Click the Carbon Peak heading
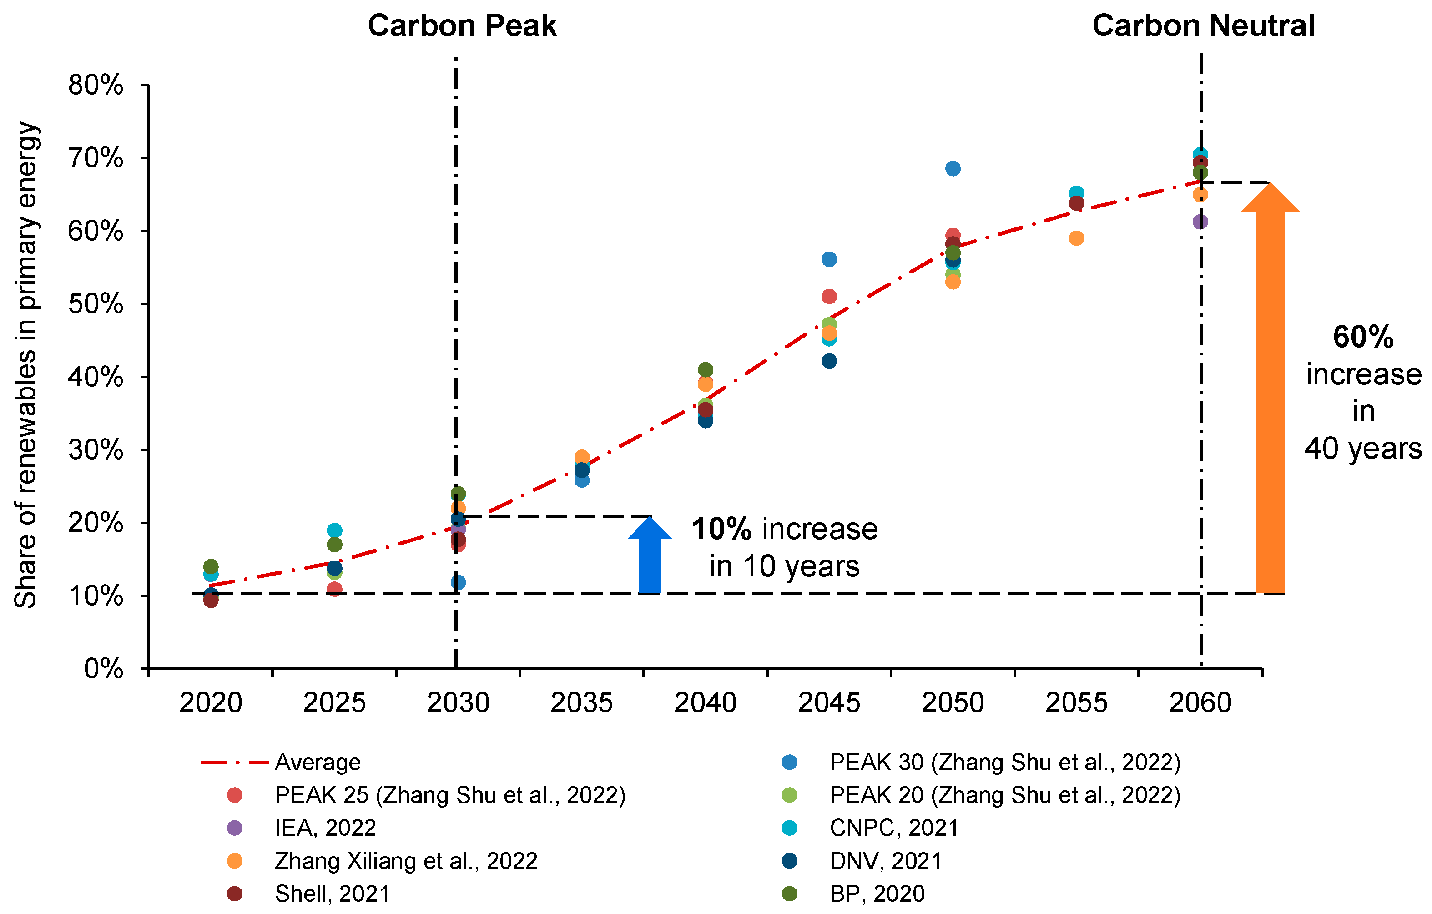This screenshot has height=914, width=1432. point(462,26)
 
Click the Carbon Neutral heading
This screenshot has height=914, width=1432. point(1203,26)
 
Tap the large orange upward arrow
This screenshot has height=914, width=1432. point(1270,393)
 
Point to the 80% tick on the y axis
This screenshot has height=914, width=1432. point(96,85)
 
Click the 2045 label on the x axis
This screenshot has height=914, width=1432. point(828,703)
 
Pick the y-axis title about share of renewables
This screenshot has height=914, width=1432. point(26,364)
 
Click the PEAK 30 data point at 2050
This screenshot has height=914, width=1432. point(953,168)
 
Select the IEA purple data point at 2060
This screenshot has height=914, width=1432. point(1200,222)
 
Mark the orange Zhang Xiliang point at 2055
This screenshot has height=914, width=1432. point(1076,238)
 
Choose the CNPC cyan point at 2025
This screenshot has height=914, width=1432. point(334,530)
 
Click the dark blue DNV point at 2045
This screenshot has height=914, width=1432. point(829,361)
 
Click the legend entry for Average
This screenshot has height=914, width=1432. point(317,763)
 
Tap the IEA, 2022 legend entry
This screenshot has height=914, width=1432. point(325,828)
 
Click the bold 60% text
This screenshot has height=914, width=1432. point(1362,337)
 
